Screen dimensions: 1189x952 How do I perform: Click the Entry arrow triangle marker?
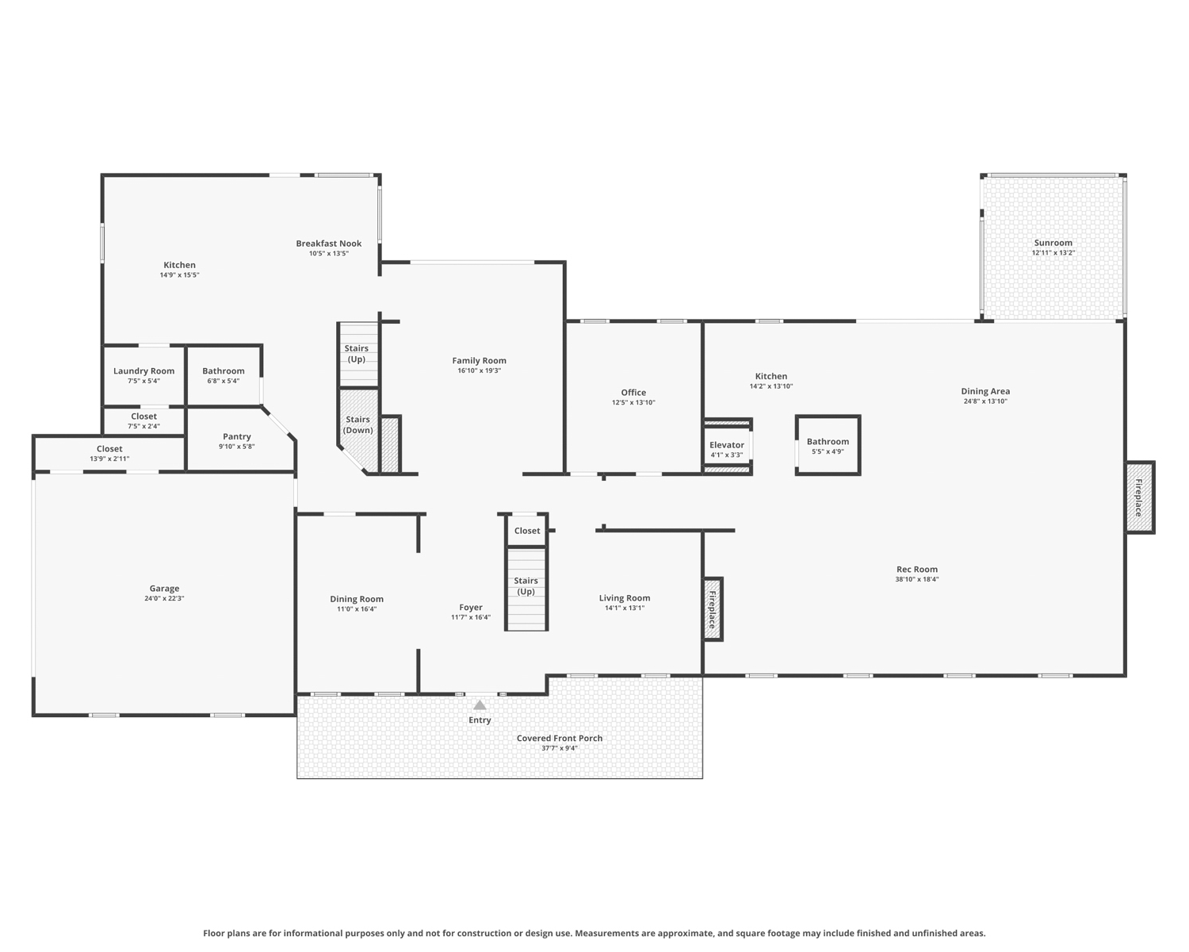[x=480, y=704]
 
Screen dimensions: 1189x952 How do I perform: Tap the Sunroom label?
[x=1053, y=243]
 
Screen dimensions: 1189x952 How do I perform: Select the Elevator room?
[x=727, y=447]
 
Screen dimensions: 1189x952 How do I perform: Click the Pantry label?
[x=236, y=436]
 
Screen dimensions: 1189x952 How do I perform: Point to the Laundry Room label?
[x=143, y=371]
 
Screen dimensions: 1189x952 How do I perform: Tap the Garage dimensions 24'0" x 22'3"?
[x=164, y=598]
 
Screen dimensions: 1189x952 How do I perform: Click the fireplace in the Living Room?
[x=713, y=609]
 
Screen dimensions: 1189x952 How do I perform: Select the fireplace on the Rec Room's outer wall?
[x=1140, y=497]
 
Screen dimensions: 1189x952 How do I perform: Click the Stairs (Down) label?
[x=357, y=425]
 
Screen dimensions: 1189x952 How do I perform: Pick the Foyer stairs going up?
[x=526, y=589]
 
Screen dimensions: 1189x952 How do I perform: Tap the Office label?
[x=633, y=392]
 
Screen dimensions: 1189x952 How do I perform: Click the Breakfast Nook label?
[x=329, y=244]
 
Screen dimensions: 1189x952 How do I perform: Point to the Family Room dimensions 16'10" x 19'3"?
[x=479, y=370]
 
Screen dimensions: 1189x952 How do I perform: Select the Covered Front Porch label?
[x=559, y=739]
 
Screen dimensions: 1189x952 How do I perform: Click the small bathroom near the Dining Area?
[x=828, y=445]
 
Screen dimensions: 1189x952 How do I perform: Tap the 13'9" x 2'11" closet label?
[x=109, y=459]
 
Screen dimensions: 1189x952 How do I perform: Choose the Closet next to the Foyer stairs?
[x=527, y=531]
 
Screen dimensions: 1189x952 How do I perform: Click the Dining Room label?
[x=357, y=599]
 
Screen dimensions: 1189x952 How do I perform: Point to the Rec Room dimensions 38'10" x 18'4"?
[x=917, y=579]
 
